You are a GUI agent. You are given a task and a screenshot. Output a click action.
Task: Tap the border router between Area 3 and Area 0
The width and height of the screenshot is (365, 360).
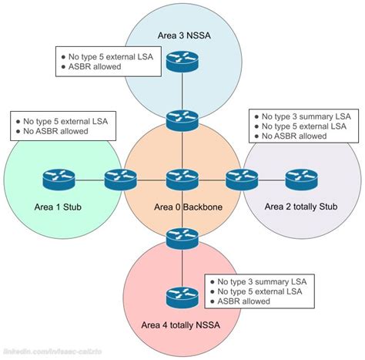tap(182, 120)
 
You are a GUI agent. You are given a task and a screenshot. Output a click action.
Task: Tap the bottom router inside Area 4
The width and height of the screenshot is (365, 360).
tap(182, 296)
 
